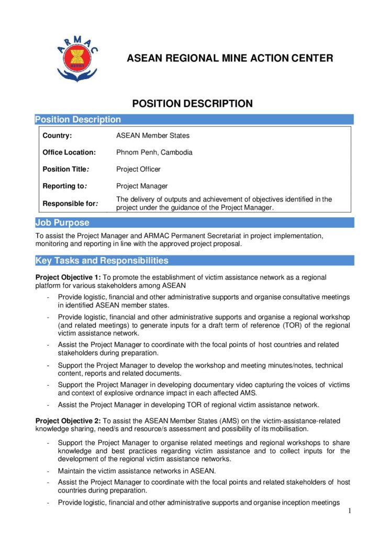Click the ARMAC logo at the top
79,59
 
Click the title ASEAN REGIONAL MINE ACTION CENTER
230,58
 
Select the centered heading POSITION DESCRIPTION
192,104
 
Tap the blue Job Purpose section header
62,223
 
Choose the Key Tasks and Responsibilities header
102,261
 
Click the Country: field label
57,136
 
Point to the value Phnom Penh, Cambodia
154,153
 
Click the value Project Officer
138,169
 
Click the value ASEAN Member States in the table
153,136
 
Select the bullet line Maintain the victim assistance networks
137,471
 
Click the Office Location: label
69,153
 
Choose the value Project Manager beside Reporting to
142,186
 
